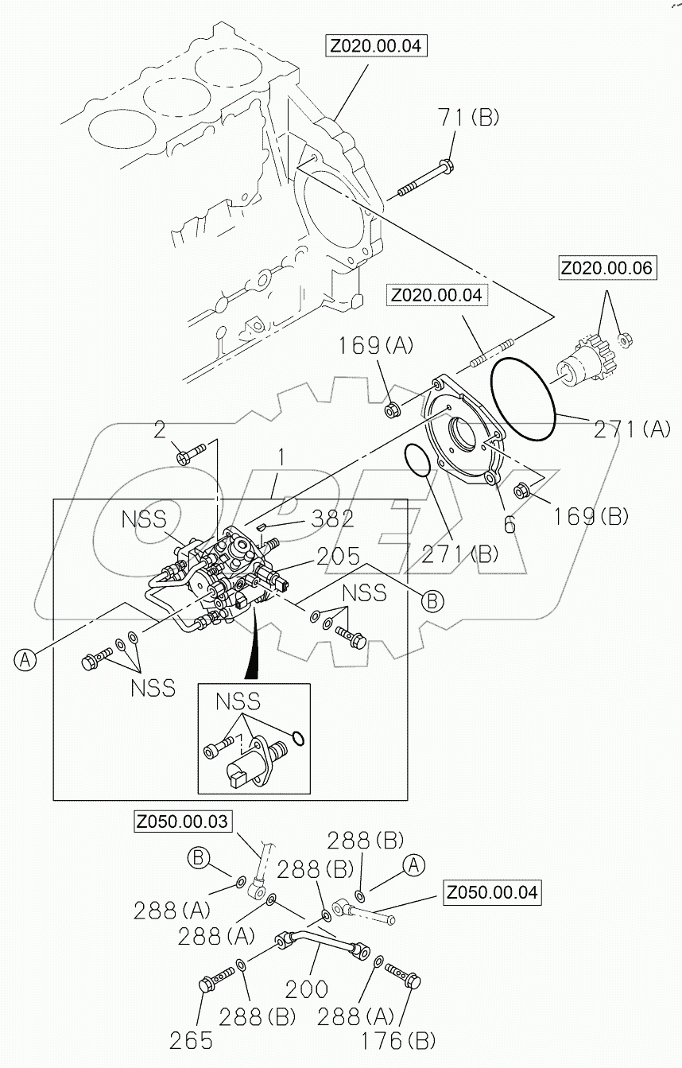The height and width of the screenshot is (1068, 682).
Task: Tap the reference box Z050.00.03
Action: [x=182, y=821]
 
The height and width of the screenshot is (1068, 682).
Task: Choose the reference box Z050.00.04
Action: [x=491, y=892]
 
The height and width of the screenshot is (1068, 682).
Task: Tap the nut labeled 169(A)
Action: [x=391, y=410]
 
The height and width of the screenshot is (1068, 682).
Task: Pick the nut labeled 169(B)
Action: [x=521, y=489]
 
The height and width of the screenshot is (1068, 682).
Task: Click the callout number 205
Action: [x=338, y=556]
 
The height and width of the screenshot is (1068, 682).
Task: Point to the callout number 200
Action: [x=306, y=988]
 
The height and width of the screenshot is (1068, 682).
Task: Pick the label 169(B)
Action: [x=587, y=515]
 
